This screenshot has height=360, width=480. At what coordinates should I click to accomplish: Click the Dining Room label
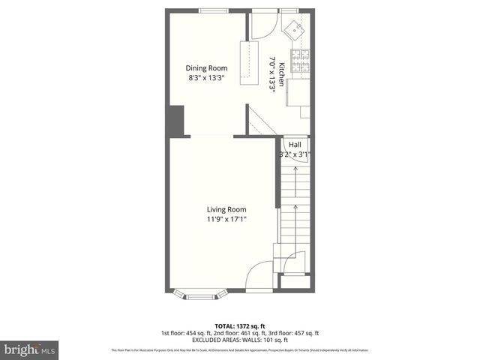[x=207, y=68]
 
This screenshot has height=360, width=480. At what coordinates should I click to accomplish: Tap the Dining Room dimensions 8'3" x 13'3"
[x=207, y=77]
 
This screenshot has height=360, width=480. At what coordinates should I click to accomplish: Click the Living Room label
[x=226, y=209]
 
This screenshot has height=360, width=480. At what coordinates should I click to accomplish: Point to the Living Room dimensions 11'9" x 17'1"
[x=226, y=219]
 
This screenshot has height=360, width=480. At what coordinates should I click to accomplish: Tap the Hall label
[x=295, y=144]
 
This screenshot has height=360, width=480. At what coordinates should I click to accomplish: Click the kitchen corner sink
[x=295, y=28]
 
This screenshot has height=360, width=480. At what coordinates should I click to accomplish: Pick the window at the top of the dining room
[x=214, y=9]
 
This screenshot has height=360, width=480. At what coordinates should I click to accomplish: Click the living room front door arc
[x=259, y=274]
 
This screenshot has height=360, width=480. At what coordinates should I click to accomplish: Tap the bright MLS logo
[x=31, y=349]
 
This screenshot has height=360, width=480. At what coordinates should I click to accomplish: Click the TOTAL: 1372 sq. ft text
[x=239, y=325]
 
